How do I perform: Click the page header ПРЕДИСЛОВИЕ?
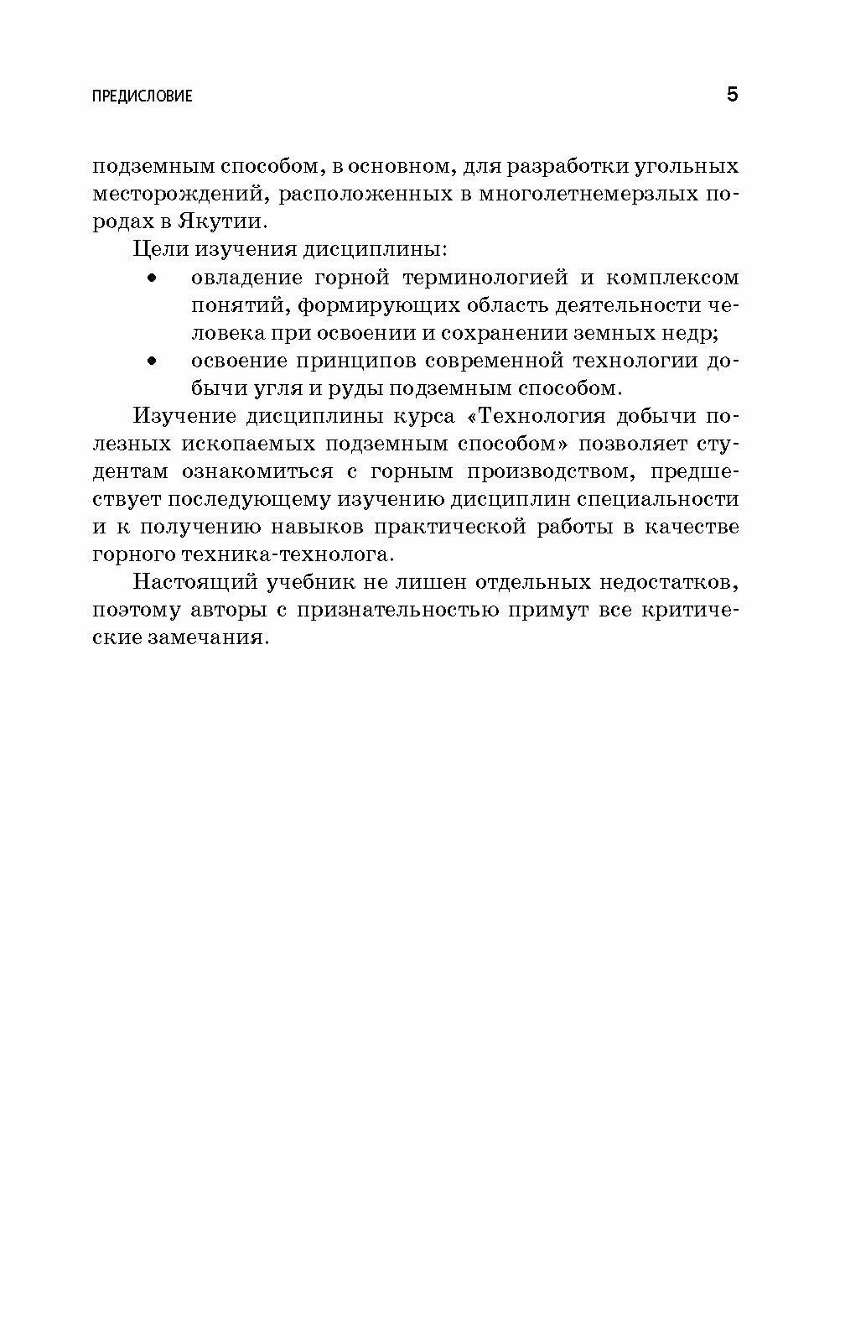coord(142,96)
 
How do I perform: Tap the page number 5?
coord(732,95)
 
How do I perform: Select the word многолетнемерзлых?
coord(581,194)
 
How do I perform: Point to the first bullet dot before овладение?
coord(152,278)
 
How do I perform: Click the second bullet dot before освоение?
coord(152,362)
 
